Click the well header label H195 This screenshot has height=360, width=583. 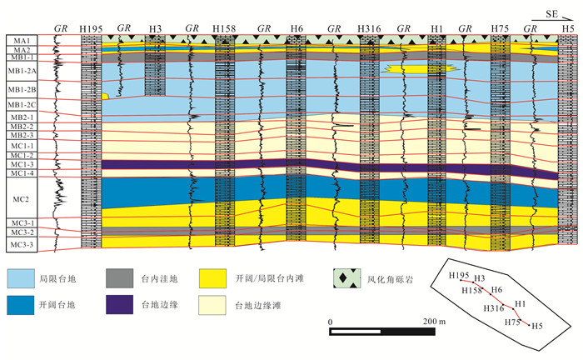click(91, 29)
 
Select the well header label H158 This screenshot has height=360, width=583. click(224, 29)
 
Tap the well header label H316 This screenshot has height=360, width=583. click(369, 29)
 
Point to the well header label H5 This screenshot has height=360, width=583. click(567, 29)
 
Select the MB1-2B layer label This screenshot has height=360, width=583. click(22, 89)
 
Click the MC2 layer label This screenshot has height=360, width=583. click(22, 200)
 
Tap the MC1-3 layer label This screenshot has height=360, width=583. click(22, 165)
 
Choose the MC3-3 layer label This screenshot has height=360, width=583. click(22, 244)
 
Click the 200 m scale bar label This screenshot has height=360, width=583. click(429, 322)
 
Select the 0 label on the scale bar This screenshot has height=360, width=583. click(331, 322)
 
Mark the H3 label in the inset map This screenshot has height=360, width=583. click(480, 278)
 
